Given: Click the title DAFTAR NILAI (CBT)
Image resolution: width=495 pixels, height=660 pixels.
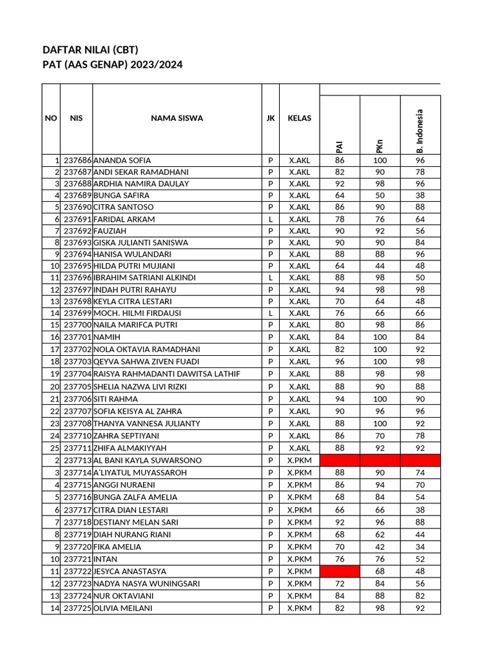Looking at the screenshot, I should (90, 50).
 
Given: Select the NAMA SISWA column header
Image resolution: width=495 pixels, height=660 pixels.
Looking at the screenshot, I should (177, 119).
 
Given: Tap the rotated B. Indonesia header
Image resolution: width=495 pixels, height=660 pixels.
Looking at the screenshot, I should (420, 131).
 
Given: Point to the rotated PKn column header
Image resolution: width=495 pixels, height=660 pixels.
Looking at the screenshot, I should (380, 146).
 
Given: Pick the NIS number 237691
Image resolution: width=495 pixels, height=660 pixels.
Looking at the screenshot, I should (77, 219).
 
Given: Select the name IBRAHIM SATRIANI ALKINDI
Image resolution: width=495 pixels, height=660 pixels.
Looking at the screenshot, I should (144, 278).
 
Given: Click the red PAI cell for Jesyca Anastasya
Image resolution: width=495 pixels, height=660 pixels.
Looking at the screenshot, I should (340, 572).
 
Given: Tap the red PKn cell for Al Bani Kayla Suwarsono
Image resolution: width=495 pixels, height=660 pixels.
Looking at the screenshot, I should (380, 460).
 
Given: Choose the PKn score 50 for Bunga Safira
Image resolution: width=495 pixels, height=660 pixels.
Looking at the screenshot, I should (380, 195).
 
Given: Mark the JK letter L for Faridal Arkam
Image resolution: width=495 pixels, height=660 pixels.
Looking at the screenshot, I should (270, 219).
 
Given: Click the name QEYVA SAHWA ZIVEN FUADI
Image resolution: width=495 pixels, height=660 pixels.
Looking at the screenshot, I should (146, 362).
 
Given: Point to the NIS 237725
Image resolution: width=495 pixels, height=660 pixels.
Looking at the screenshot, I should (77, 608).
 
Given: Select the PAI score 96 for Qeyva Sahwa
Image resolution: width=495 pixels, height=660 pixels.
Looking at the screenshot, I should (340, 362).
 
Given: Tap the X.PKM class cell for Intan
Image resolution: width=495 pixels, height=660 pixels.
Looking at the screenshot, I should (299, 559).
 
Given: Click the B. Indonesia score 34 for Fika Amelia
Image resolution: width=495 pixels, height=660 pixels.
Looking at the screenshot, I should (420, 547).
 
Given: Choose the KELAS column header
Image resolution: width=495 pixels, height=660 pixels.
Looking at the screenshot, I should (299, 119).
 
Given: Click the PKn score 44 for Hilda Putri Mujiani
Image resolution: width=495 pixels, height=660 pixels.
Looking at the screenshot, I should (380, 266).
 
